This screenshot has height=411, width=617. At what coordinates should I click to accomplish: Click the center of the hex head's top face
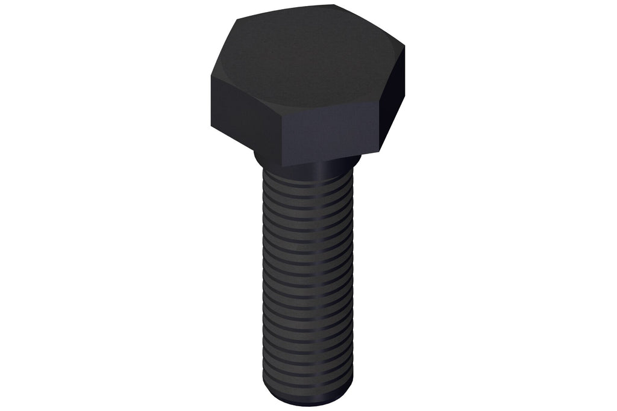[307, 60]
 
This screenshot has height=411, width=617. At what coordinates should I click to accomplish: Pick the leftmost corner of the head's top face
[211, 75]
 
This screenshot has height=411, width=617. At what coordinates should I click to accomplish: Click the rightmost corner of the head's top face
[404, 46]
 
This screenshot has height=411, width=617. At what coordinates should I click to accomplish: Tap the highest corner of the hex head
[334, 5]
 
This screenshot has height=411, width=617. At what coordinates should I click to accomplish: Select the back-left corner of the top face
[236, 19]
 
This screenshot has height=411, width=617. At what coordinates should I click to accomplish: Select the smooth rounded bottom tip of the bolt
[307, 398]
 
